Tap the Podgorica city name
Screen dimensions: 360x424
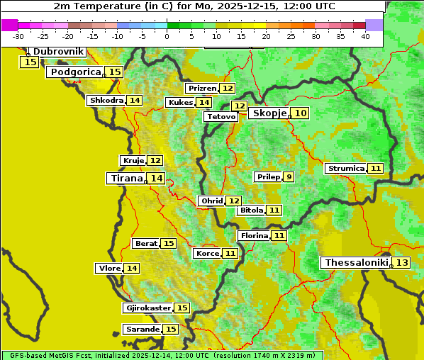(x=74, y=72)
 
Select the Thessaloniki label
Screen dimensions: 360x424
(x=356, y=263)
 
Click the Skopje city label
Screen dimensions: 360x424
(x=269, y=113)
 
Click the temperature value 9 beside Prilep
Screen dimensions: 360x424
(x=289, y=176)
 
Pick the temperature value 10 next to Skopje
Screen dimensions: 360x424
(x=301, y=113)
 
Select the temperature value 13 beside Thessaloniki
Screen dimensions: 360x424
(x=402, y=263)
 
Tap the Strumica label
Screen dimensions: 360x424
(x=346, y=169)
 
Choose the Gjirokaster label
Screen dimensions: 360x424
(x=147, y=308)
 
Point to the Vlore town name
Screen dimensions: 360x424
(x=108, y=269)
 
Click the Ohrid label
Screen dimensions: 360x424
(x=211, y=201)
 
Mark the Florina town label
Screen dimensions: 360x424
(x=254, y=235)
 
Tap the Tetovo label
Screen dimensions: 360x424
(x=221, y=116)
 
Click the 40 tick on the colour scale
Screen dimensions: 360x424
(x=365, y=36)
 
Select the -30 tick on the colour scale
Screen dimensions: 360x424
(x=18, y=36)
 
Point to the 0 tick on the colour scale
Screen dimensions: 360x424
(x=167, y=36)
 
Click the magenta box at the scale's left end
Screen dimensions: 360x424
(x=10, y=25)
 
